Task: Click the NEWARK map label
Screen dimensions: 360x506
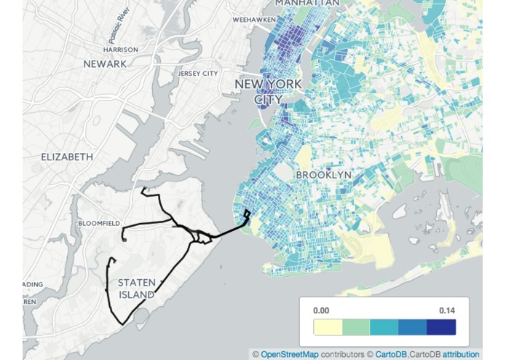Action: click(105, 64)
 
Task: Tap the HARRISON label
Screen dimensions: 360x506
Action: click(121, 50)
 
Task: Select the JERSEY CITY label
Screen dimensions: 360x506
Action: click(198, 74)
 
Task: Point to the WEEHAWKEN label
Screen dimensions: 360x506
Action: click(254, 20)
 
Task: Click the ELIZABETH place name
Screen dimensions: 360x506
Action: click(67, 157)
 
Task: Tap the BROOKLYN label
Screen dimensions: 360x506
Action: click(324, 175)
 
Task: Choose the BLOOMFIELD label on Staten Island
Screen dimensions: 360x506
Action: click(99, 223)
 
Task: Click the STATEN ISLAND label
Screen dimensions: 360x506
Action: click(136, 289)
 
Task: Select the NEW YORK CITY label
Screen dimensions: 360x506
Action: click(268, 92)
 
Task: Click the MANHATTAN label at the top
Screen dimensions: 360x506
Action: click(307, 4)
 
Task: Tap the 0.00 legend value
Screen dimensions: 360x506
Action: click(321, 310)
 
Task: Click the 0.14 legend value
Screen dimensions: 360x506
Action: click(447, 310)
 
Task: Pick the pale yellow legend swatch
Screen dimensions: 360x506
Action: click(328, 327)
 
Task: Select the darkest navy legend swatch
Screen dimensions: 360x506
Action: click(441, 327)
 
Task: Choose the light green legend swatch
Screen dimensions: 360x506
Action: click(356, 327)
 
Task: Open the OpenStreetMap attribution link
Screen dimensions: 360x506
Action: click(289, 355)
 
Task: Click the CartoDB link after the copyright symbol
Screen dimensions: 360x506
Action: click(391, 355)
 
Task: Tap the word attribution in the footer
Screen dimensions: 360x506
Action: click(461, 355)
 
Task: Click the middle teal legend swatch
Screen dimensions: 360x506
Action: click(384, 327)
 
